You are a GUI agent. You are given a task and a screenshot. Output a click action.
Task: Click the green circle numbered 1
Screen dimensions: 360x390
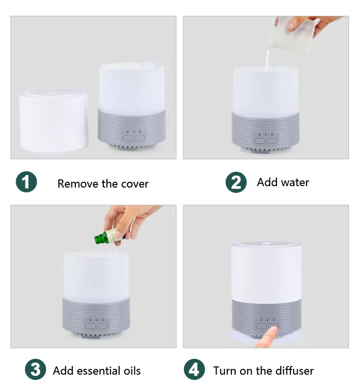pyautogui.click(x=26, y=182)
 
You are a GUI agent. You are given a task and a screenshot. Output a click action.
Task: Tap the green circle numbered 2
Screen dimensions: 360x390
pyautogui.click(x=236, y=182)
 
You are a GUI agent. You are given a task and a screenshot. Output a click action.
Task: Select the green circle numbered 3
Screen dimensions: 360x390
pyautogui.click(x=36, y=369)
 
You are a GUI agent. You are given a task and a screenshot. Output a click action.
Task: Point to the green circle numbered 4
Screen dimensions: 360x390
pyautogui.click(x=194, y=369)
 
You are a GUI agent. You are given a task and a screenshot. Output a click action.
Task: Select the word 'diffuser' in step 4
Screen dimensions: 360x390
pyautogui.click(x=295, y=371)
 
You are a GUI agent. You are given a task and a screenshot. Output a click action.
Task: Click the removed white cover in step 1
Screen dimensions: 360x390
pyautogui.click(x=54, y=119)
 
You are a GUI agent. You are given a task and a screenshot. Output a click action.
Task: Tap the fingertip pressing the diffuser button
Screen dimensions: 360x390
pyautogui.click(x=274, y=331)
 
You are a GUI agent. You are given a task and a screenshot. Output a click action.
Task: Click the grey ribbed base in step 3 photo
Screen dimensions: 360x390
pyautogui.click(x=96, y=317)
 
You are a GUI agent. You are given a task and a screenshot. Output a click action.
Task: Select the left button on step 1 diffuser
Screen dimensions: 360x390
pyautogui.click(x=127, y=138)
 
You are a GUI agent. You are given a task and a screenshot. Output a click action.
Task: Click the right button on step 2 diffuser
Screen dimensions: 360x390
pyautogui.click(x=272, y=141)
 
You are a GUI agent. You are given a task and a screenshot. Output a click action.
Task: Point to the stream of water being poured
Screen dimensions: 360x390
pyautogui.click(x=267, y=60)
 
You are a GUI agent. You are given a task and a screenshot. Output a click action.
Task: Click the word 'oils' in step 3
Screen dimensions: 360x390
pyautogui.click(x=132, y=371)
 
